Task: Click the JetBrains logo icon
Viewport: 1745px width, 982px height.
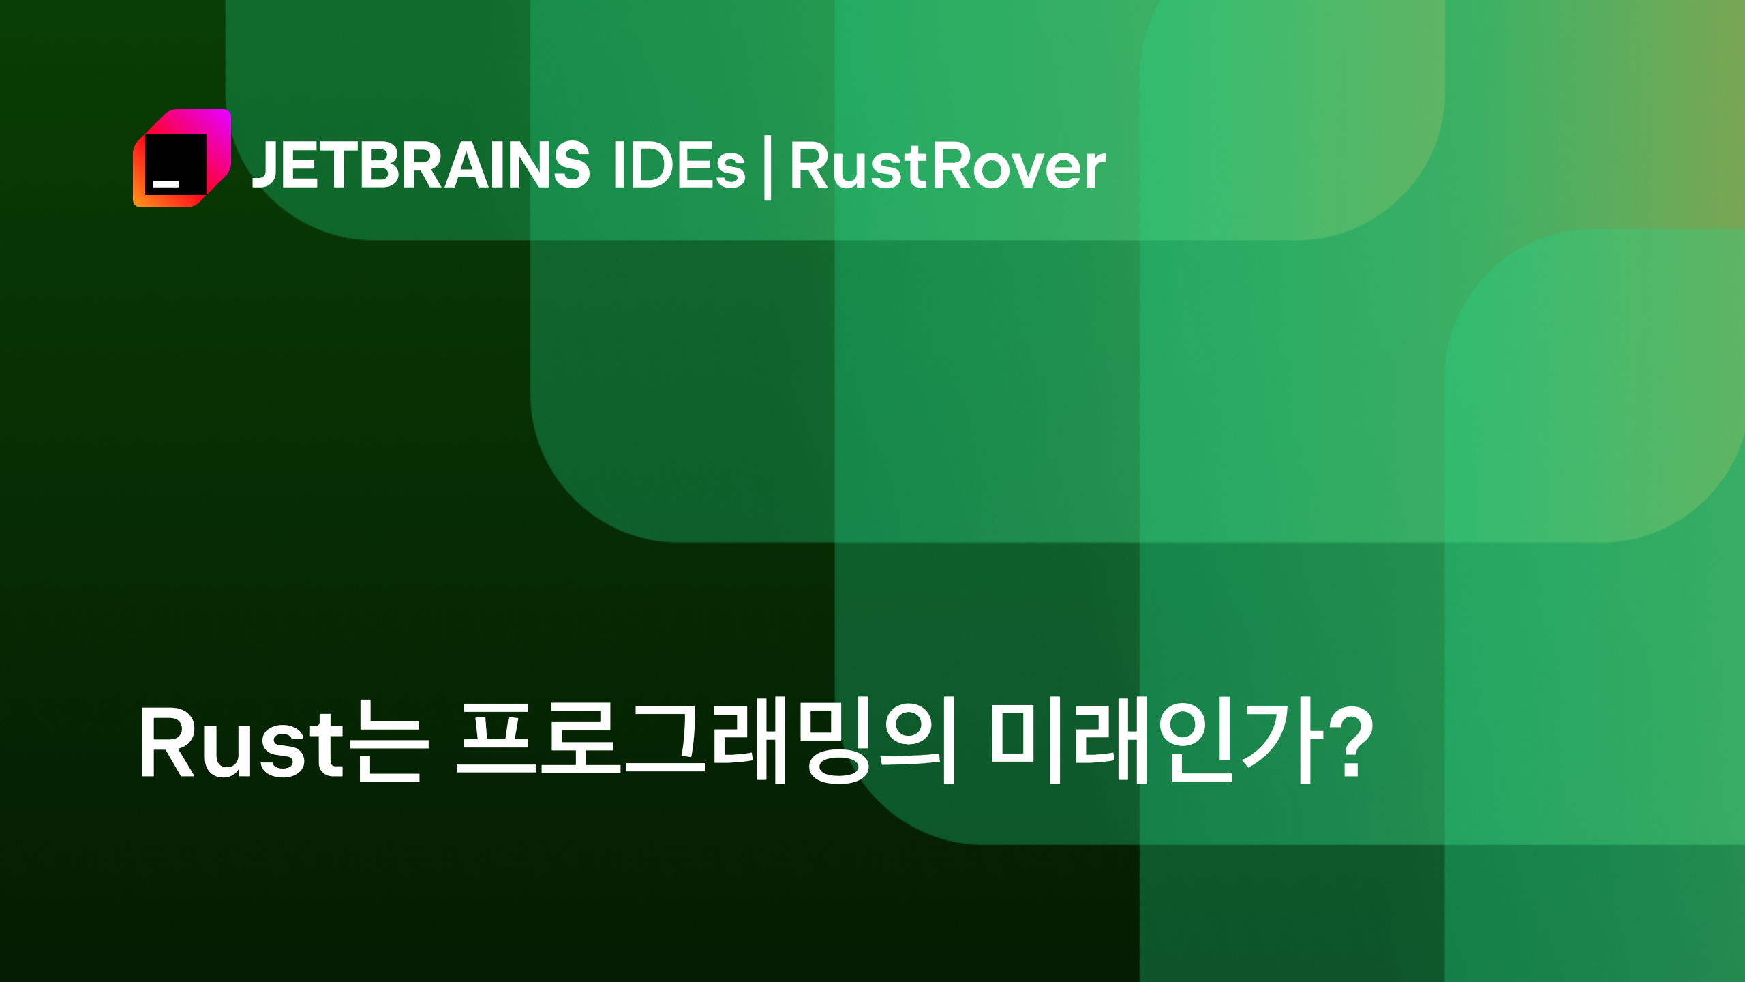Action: (182, 158)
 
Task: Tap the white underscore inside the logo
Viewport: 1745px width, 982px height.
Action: (166, 184)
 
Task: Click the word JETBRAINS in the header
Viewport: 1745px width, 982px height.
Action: (421, 165)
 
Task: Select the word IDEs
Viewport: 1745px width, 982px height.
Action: (679, 165)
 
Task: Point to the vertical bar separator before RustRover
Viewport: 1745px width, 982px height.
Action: (768, 168)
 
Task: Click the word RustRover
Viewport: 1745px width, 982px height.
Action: (947, 166)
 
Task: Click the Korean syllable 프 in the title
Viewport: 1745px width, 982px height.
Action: (496, 739)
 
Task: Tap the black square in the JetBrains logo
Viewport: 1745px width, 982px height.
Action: (176, 164)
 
